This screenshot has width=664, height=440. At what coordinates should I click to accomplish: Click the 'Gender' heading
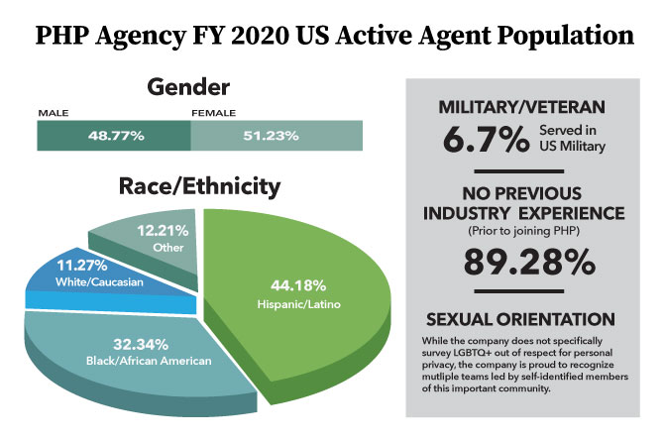pyautogui.click(x=188, y=86)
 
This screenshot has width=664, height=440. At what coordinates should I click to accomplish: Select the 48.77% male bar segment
pyautogui.click(x=113, y=136)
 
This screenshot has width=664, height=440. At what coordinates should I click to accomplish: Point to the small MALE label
pyautogui.click(x=53, y=113)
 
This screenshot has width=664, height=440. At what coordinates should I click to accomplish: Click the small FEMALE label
pyautogui.click(x=212, y=113)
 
